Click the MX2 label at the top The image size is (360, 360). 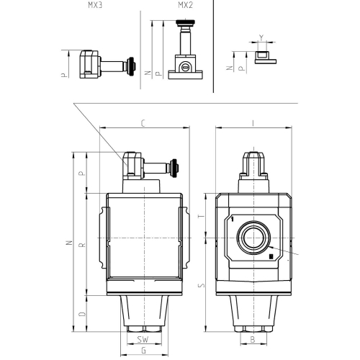[x=186, y=5]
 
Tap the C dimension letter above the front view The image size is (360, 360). [x=143, y=124]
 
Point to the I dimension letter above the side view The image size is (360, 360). [x=253, y=124]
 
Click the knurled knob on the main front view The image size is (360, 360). [x=174, y=168]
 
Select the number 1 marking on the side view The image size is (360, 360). [x=233, y=217]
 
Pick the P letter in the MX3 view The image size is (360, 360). [x=63, y=74]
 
